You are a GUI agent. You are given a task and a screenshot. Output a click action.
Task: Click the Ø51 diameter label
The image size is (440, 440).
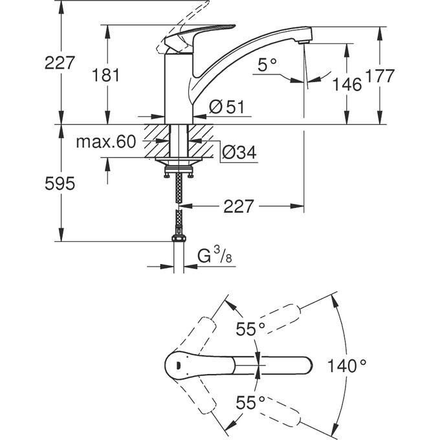pos(227,108)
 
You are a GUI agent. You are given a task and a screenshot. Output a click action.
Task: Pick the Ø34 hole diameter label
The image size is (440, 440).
pos(239,152)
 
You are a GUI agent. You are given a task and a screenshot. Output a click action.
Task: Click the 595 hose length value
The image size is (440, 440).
pos(60,184)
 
